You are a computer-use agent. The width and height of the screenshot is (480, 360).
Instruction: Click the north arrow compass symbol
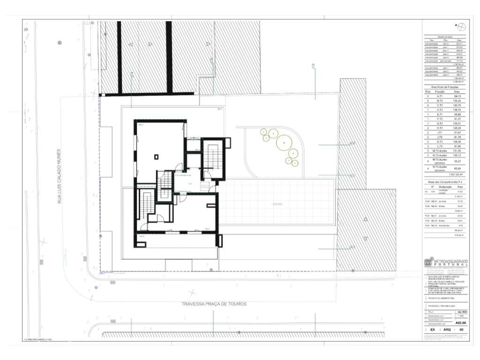(x=460, y=26)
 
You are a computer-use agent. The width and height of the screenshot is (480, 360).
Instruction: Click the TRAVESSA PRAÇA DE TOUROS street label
(x=214, y=304)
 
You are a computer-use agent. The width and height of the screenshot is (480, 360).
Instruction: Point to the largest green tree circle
(x=283, y=141)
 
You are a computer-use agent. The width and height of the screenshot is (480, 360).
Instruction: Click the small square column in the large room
(x=157, y=157)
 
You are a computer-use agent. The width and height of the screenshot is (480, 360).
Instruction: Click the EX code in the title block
(x=432, y=330)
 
